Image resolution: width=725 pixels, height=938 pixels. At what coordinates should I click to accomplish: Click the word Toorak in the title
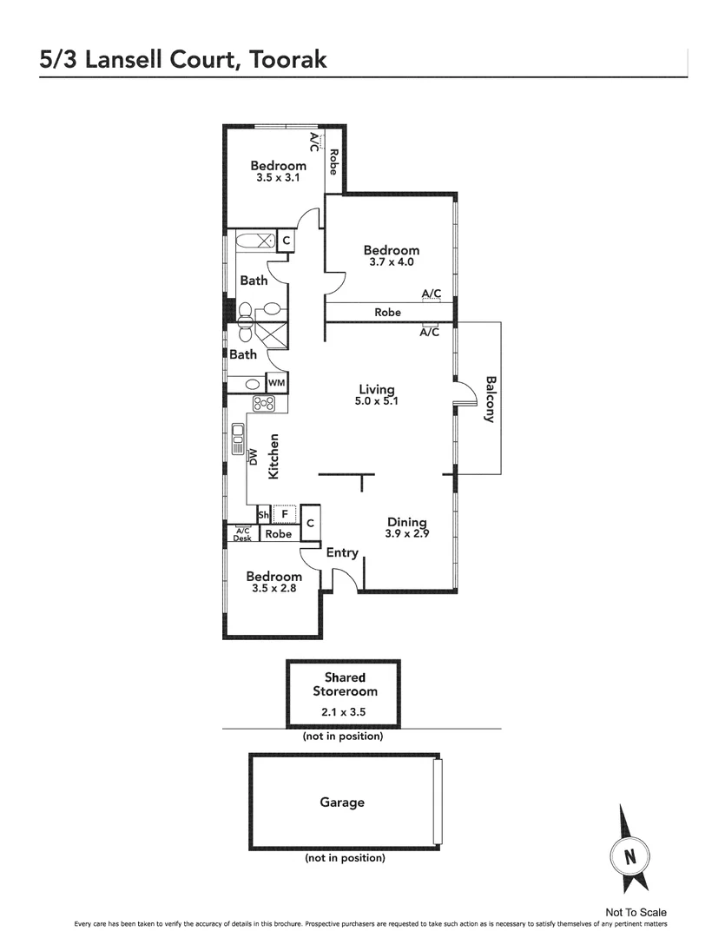pos(287,59)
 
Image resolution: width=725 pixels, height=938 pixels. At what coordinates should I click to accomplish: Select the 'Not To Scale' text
pos(636,912)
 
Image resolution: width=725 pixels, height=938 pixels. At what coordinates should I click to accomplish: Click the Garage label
pos(342,803)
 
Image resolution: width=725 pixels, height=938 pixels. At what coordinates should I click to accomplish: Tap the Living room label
pos(377,389)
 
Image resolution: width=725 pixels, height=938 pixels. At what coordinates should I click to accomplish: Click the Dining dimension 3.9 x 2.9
pos(407,534)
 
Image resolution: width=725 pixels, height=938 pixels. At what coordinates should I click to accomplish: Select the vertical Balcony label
pos(490,399)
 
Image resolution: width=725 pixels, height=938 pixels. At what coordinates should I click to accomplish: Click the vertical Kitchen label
pos(274,456)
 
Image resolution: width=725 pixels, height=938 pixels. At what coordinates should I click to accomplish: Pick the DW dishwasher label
pos(254,457)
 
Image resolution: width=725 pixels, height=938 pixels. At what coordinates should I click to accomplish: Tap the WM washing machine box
pos(276,382)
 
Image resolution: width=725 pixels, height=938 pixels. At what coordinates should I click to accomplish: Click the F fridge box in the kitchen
pos(284,513)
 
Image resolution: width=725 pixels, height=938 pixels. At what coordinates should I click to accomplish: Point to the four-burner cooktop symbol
pos(264,403)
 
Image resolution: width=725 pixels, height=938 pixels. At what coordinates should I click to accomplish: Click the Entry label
pos(342,552)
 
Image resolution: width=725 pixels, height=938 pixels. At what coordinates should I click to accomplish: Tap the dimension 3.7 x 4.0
pos(391,261)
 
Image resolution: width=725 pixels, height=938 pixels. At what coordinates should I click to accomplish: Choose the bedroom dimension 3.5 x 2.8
pos(274,589)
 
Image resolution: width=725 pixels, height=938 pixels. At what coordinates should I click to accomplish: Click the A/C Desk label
pos(241,534)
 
